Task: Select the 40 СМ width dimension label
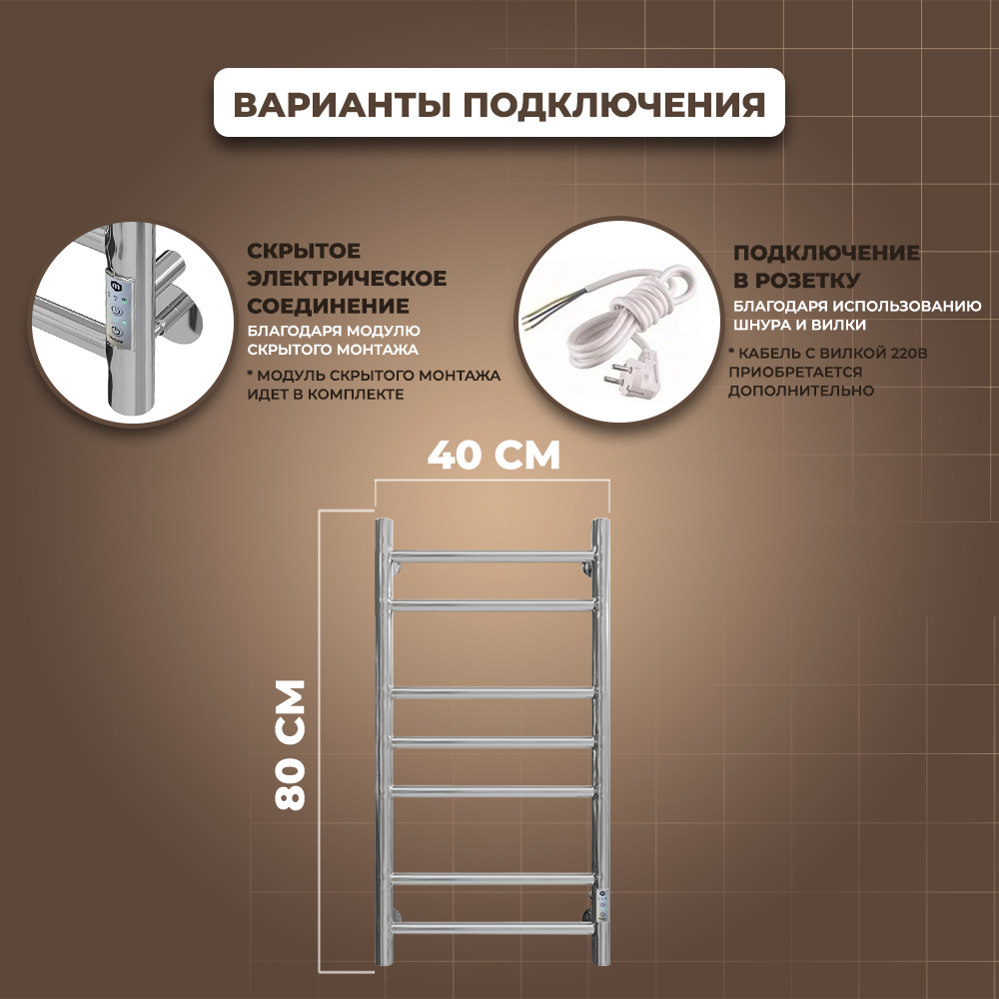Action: click(494, 455)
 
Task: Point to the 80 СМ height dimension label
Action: click(289, 744)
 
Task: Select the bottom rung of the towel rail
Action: click(492, 927)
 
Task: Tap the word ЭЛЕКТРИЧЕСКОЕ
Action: click(344, 278)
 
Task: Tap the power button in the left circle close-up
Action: click(117, 313)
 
